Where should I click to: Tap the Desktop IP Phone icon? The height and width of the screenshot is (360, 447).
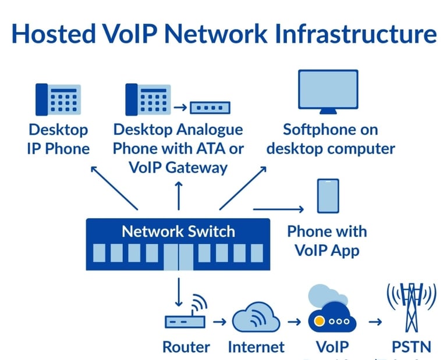[58, 99]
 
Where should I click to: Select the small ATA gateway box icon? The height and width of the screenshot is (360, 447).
[210, 108]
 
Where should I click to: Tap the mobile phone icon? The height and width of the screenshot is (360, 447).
[328, 196]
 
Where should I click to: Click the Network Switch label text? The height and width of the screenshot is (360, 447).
[178, 231]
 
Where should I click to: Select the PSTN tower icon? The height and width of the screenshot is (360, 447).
[412, 305]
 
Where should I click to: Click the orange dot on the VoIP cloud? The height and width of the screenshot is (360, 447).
[319, 321]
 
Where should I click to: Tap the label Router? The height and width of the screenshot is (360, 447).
[186, 347]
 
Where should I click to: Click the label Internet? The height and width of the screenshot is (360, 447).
[257, 347]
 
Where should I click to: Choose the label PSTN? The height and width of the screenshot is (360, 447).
[411, 347]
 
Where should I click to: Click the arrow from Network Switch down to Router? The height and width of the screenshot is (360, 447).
[179, 291]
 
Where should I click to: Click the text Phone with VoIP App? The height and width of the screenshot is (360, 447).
[327, 240]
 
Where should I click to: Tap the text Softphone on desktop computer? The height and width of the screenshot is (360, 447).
[330, 138]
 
